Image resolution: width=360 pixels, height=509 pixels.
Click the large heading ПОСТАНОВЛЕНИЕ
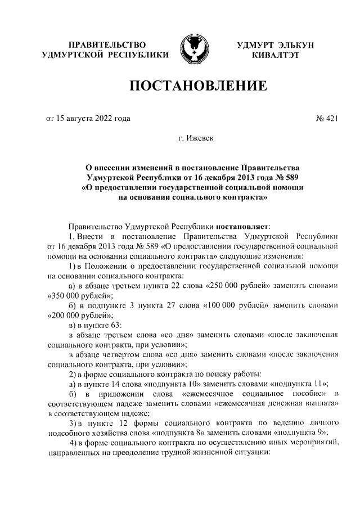tap(198, 86)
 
